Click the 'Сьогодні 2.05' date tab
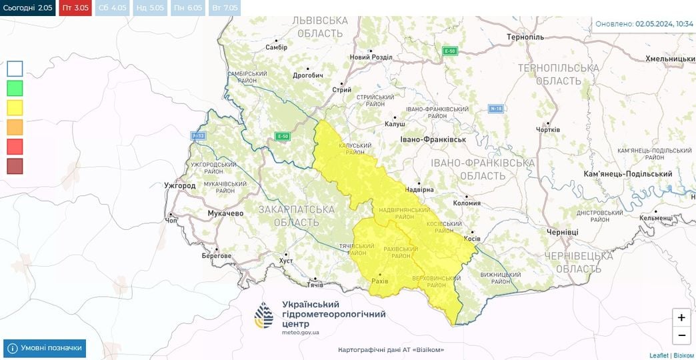(27, 8)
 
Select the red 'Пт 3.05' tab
(75, 8)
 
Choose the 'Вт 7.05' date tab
(225, 8)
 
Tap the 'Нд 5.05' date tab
(149, 8)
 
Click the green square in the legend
(15, 88)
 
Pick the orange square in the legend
(15, 127)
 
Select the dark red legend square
(15, 165)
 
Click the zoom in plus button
(681, 317)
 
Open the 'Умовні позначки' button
(45, 348)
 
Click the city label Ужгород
(180, 185)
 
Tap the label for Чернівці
(562, 232)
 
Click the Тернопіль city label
(525, 37)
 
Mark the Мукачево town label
(225, 213)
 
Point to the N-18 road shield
(496, 108)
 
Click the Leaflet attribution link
(659, 355)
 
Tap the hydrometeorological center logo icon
(264, 315)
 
